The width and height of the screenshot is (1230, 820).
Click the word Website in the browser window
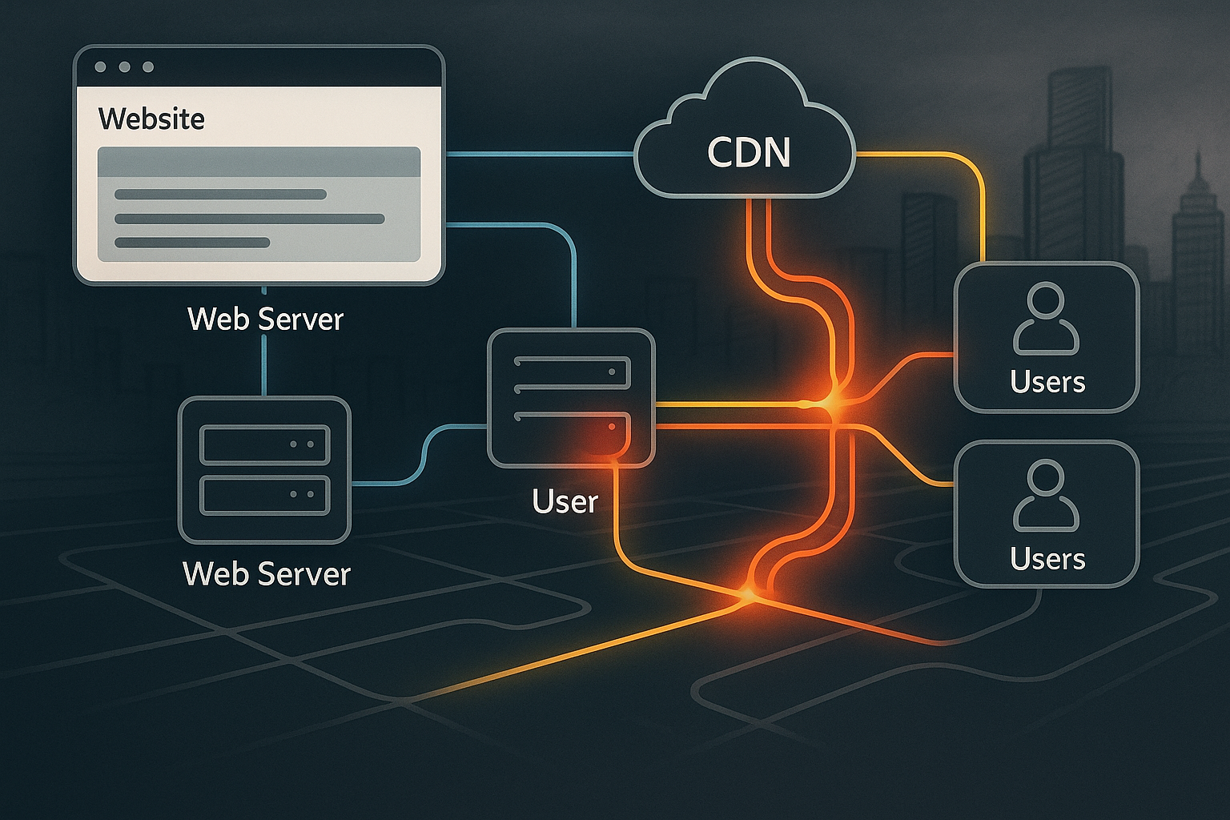(151, 119)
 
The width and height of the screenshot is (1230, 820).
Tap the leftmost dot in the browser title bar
(100, 67)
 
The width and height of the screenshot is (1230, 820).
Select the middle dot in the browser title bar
(125, 67)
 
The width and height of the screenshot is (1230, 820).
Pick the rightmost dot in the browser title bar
(148, 67)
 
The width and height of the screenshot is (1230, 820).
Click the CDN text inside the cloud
(749, 152)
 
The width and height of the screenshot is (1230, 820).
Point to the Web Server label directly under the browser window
(265, 319)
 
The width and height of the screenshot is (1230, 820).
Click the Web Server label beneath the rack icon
(267, 573)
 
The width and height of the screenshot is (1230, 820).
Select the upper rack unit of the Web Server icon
(265, 444)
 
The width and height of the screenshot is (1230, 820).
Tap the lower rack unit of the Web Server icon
(265, 496)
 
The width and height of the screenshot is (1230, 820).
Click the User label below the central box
(565, 501)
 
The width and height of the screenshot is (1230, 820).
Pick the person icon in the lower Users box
(1046, 496)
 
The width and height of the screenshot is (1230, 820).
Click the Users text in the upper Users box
(1047, 381)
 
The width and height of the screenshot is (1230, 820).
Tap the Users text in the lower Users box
(1047, 559)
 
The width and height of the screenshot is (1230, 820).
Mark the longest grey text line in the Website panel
(249, 219)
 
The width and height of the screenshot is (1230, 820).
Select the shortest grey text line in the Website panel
(192, 242)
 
